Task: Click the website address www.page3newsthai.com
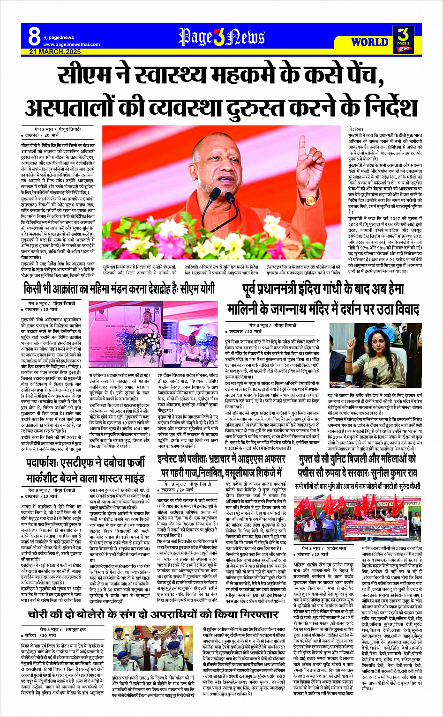pyautogui.click(x=71, y=44)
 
